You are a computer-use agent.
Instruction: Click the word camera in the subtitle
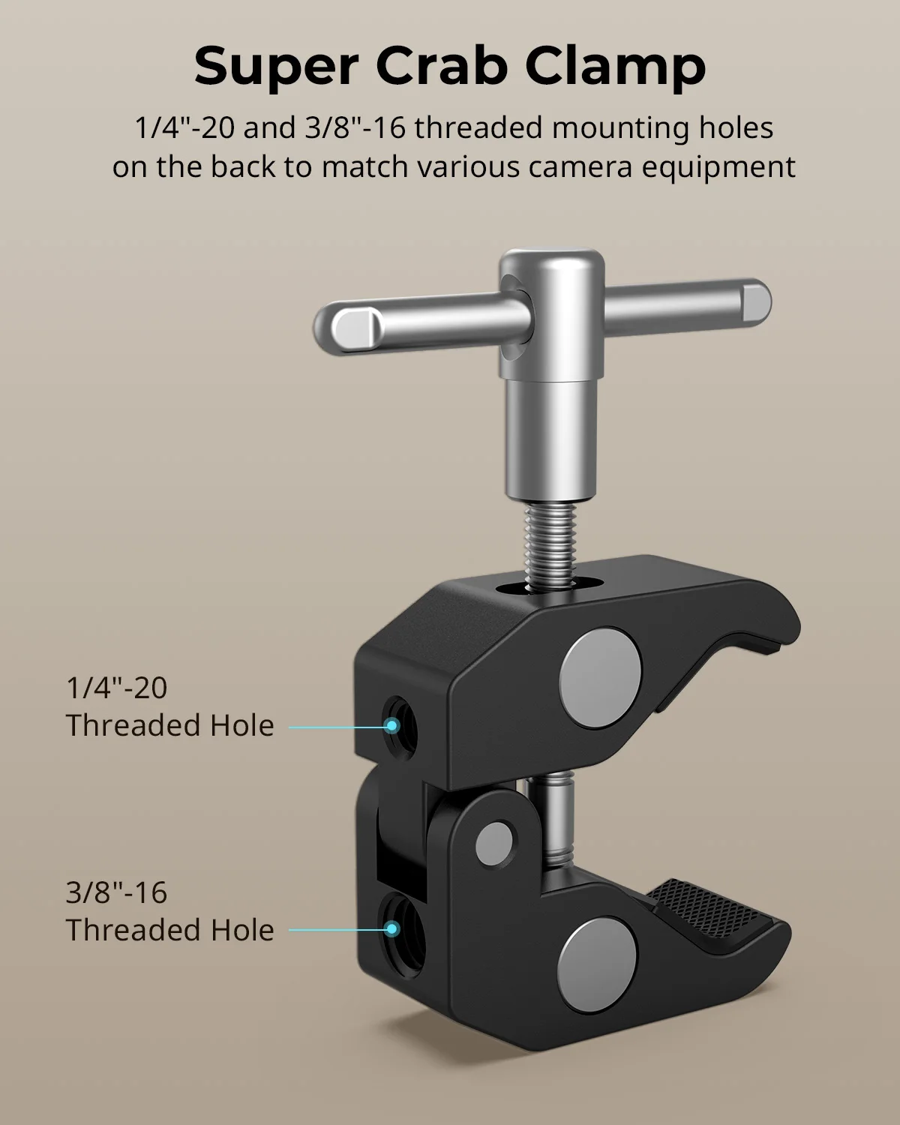click(576, 166)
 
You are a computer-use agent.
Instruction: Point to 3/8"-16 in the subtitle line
click(355, 127)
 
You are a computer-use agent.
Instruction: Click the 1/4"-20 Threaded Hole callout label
click(169, 706)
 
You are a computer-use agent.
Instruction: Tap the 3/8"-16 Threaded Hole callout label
click(169, 911)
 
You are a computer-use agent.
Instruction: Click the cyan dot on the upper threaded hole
click(391, 725)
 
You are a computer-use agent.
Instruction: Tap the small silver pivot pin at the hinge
click(495, 840)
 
